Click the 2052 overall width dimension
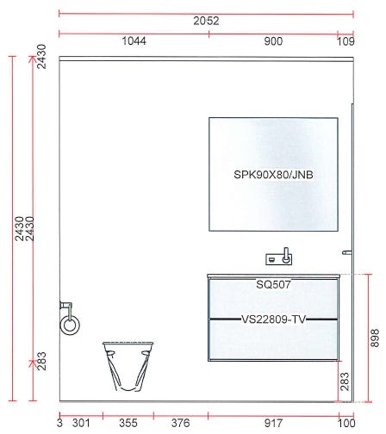pyautogui.click(x=206, y=21)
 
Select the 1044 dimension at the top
pyautogui.click(x=134, y=41)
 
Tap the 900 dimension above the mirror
pyautogui.click(x=273, y=41)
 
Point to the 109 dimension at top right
pyautogui.click(x=346, y=41)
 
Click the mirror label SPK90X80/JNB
pyautogui.click(x=273, y=175)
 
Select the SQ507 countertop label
pyautogui.click(x=273, y=284)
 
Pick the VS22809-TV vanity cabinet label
pyautogui.click(x=273, y=319)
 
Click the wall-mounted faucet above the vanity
pyautogui.click(x=279, y=257)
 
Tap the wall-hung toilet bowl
pyautogui.click(x=128, y=366)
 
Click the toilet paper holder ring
pyautogui.click(x=70, y=325)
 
